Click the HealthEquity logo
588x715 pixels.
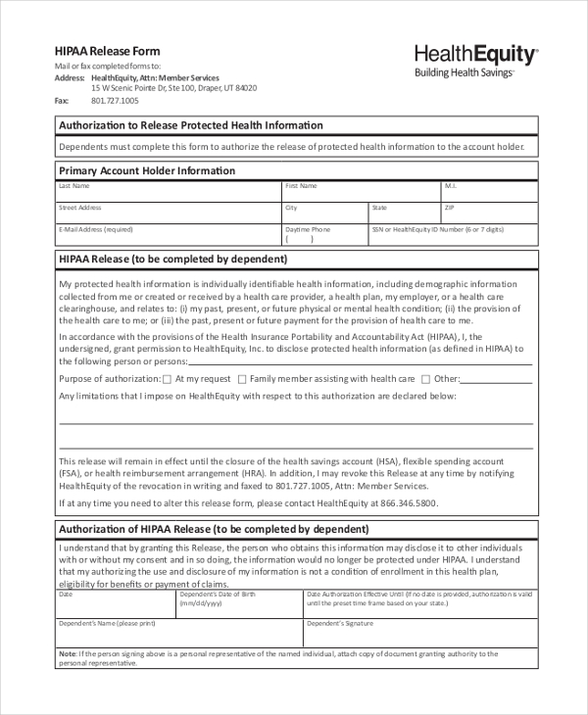point(476,60)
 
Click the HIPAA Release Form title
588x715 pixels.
point(107,51)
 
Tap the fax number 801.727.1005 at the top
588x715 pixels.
point(116,101)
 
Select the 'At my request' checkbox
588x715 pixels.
point(167,379)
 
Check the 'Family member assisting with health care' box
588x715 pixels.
point(241,379)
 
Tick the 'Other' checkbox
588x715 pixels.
point(425,379)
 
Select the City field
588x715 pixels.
point(323,214)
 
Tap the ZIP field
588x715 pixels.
point(488,214)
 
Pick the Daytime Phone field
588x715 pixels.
point(323,238)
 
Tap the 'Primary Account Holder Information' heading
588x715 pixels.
point(147,170)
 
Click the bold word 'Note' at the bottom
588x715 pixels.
point(67,653)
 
